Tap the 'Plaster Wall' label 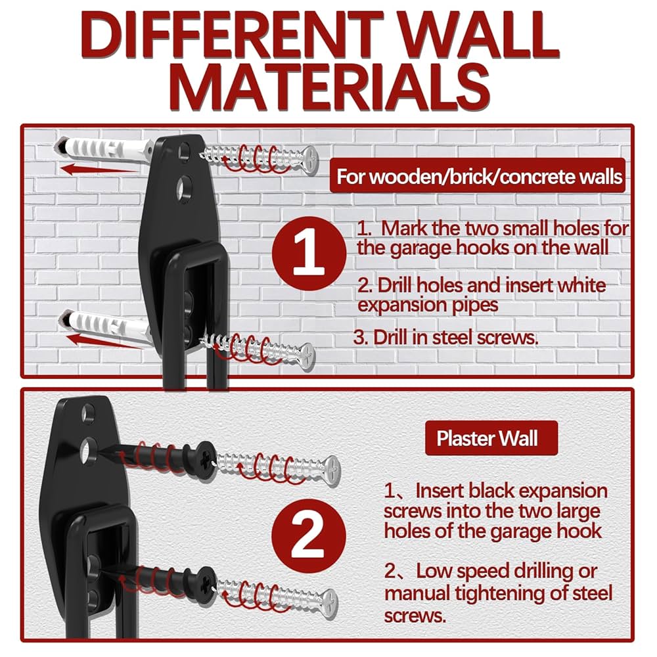(x=487, y=438)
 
